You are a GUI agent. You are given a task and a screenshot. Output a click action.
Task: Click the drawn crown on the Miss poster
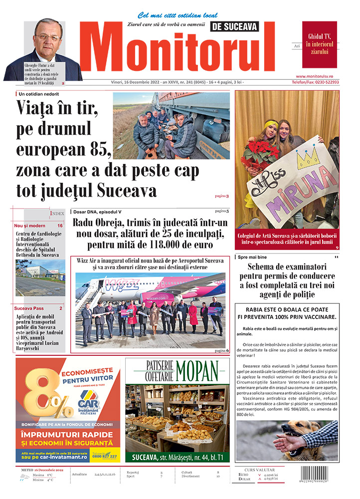coord(308,158)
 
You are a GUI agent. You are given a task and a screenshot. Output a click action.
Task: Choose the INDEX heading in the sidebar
coord(57,214)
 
